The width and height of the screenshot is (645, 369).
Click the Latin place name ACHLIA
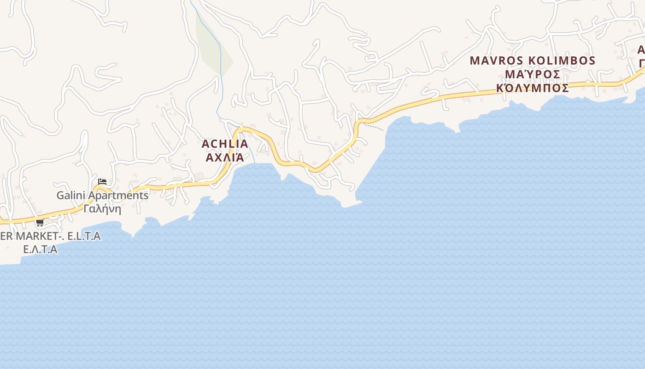[x=225, y=144]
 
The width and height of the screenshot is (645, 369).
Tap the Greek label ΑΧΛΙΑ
[x=225, y=157]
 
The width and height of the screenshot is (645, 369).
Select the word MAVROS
[x=496, y=61]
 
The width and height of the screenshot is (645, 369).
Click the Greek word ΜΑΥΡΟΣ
[x=533, y=74]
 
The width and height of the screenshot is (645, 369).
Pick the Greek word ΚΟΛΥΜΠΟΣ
[x=533, y=88]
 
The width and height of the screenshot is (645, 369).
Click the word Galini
[x=71, y=196]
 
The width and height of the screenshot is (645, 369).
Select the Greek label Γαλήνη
[x=102, y=209]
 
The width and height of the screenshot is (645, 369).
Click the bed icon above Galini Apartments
[x=102, y=182]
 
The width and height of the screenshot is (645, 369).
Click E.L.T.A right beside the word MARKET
[x=84, y=237]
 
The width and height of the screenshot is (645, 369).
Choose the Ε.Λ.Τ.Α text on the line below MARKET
[x=40, y=250]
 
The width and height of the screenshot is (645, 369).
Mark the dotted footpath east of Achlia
[x=373, y=126]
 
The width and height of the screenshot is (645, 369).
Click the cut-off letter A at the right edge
[x=641, y=50]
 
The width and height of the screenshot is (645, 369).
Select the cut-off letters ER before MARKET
[x=6, y=237]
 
